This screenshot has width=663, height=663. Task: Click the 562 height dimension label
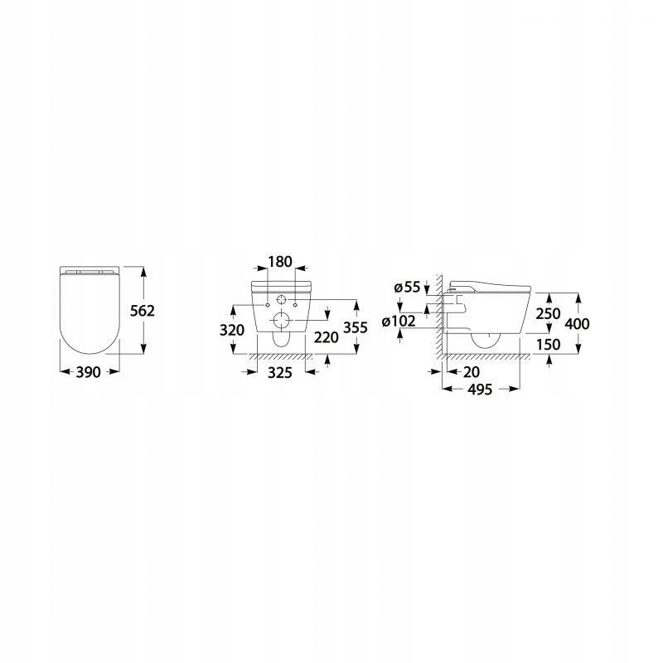coord(143,312)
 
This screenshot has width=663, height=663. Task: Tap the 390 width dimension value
coord(89,372)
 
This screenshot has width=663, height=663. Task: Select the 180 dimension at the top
coord(280,262)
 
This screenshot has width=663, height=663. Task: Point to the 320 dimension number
coord(232,330)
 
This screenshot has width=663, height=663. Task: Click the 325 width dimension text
coord(280,373)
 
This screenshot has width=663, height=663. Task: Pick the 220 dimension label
coord(326,337)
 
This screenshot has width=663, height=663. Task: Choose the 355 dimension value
coord(356,327)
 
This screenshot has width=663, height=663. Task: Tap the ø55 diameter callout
coord(407,288)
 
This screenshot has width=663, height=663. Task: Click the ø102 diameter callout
coord(399,322)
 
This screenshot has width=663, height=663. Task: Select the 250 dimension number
coord(548,314)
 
